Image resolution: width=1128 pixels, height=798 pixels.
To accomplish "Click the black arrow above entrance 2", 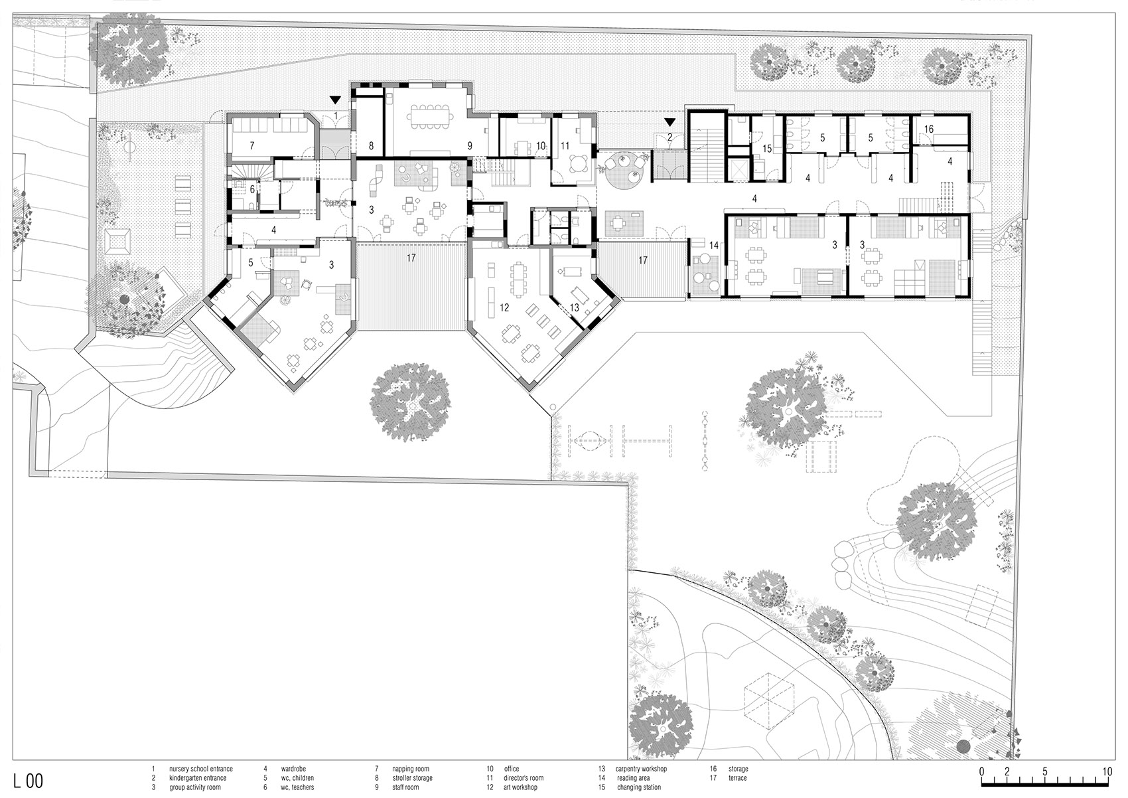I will pos(671,123).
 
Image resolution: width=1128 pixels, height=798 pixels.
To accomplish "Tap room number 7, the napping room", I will pos(251,145).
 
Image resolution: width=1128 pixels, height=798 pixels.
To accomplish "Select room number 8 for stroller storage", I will pos(372,145).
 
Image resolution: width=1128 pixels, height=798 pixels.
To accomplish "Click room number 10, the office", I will pos(540,145).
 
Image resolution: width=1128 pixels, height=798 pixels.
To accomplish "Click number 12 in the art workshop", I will pos(504,307).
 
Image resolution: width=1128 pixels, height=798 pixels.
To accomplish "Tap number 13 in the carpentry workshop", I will pos(575,307).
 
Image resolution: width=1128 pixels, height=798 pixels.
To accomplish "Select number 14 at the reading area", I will pos(713,245).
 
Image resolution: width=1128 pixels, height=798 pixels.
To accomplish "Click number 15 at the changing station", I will pos(768,149).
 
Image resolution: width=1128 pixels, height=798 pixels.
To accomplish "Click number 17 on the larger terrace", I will pos(411,258).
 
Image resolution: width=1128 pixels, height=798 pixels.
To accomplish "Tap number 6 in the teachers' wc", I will pos(252,189).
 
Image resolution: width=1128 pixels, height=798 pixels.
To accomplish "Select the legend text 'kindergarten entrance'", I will pos(197,778).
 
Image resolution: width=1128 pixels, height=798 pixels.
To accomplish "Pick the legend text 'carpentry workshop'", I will pos(641,769).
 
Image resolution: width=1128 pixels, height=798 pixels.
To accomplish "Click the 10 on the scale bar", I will pos(1107,772).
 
